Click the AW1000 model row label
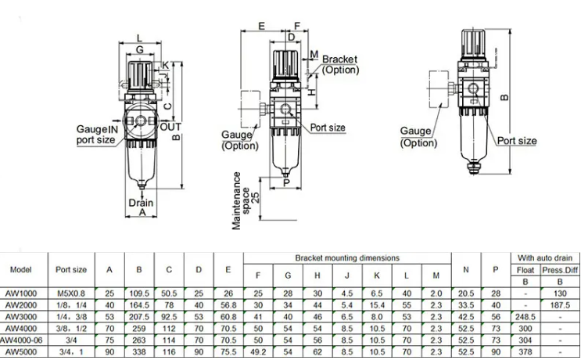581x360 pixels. [x=20, y=292]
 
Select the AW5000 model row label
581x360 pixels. [x=20, y=353]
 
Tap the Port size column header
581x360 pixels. [x=71, y=270]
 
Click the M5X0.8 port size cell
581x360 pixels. [x=71, y=292]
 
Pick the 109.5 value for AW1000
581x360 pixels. [x=139, y=292]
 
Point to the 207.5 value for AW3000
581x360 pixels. [x=139, y=317]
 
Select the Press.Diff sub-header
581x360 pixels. [x=559, y=270]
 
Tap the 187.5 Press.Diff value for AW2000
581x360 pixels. [x=559, y=304]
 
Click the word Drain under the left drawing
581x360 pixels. [x=142, y=202]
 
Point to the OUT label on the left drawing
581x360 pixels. [x=170, y=127]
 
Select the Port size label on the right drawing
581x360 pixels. [x=517, y=141]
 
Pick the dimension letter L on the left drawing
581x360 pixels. [x=139, y=38]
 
